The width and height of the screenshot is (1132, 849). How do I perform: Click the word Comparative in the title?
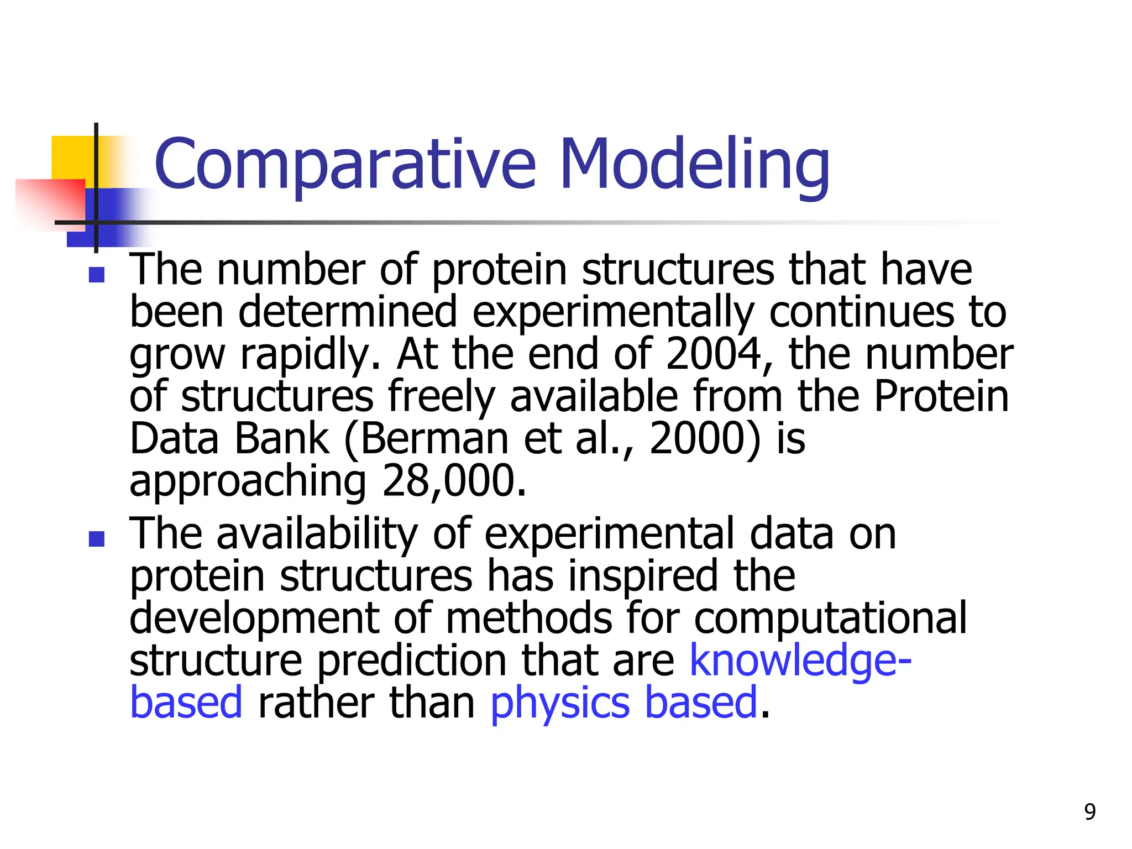click(x=345, y=164)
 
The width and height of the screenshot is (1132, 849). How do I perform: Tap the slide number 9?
click(x=1089, y=812)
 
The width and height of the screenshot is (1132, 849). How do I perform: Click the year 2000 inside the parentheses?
click(x=697, y=438)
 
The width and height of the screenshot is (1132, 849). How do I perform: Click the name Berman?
click(x=434, y=438)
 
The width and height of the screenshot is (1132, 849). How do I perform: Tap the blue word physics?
click(x=560, y=703)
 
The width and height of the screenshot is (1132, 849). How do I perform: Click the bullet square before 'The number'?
click(x=97, y=275)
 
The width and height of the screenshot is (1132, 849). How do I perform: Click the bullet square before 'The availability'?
click(x=97, y=539)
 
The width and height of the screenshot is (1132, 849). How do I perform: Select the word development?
click(x=254, y=618)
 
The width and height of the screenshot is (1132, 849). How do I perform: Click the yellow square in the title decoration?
click(x=72, y=158)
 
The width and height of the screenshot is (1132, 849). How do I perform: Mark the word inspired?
click(x=643, y=576)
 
